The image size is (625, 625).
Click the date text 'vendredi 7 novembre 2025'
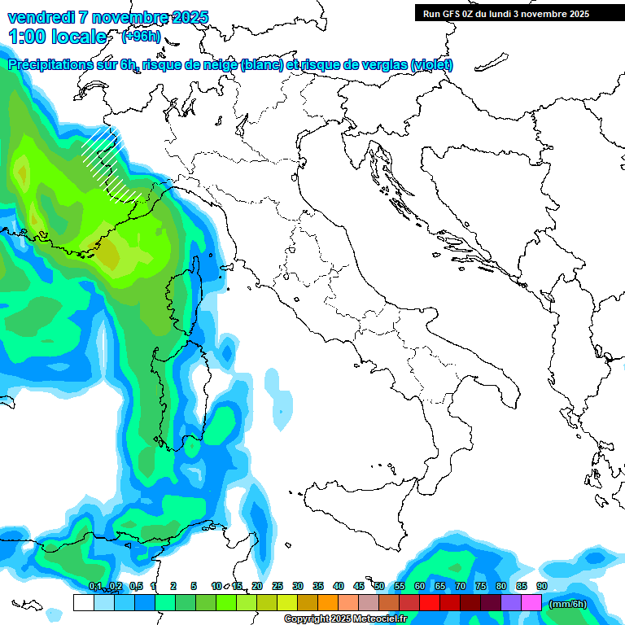click(107, 17)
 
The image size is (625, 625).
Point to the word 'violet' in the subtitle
click(431, 65)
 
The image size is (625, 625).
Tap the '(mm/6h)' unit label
click(568, 603)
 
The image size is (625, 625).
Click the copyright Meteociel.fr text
click(345, 619)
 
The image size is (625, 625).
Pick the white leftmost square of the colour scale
click(83, 602)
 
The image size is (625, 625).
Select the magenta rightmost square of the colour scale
click(531, 602)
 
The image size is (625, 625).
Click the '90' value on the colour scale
click(541, 586)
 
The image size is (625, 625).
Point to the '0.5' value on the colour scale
click(135, 586)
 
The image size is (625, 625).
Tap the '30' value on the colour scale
click(297, 586)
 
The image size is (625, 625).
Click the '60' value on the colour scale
click(419, 586)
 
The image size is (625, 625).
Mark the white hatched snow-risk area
click(110, 163)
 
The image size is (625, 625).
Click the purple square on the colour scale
click(511, 602)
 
